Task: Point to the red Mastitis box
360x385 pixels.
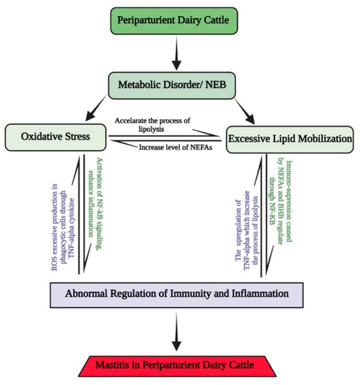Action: pyautogui.click(x=181, y=365)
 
